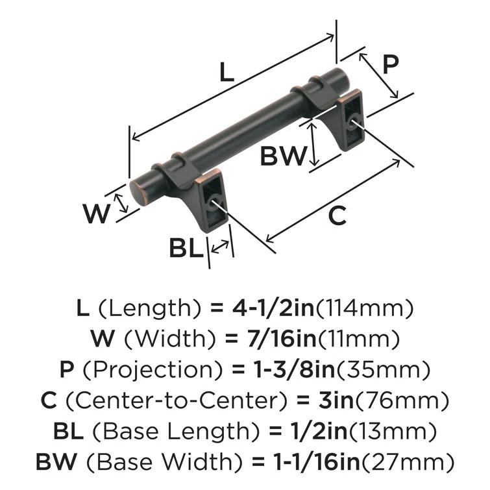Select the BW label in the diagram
283,156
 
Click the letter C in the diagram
337,215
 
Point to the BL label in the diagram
186,249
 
